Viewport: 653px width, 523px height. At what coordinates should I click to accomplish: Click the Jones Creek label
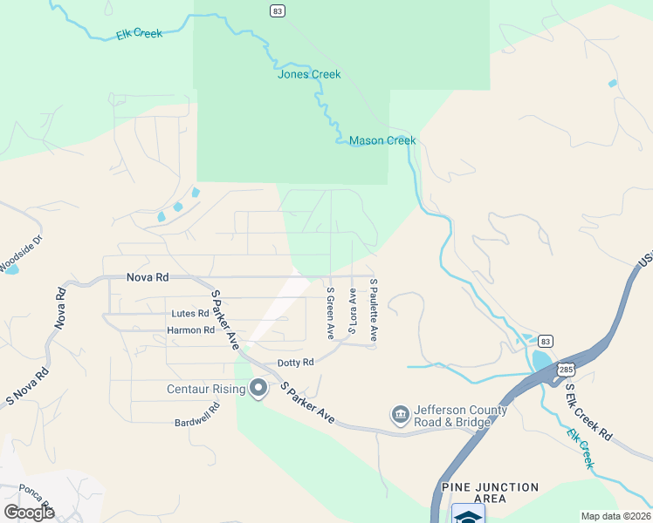click(x=309, y=75)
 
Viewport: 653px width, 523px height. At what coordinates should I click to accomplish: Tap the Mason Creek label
click(x=382, y=140)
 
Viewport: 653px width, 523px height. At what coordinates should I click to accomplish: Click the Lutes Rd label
click(x=190, y=314)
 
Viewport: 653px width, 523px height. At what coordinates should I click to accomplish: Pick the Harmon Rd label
click(x=190, y=330)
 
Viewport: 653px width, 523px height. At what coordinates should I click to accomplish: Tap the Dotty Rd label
click(x=295, y=363)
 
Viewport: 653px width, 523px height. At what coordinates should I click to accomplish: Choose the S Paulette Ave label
click(x=373, y=309)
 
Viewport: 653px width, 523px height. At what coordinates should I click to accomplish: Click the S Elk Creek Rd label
click(x=589, y=411)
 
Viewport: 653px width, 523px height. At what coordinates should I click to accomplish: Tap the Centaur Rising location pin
click(x=258, y=388)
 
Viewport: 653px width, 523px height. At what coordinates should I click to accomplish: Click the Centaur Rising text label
click(x=206, y=389)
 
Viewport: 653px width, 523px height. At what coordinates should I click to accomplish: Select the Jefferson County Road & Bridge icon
click(x=400, y=414)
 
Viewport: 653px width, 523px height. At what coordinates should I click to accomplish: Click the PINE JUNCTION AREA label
click(x=490, y=492)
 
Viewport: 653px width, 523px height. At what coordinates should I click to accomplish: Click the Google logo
click(x=30, y=513)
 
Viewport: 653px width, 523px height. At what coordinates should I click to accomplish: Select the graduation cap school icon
click(x=468, y=514)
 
